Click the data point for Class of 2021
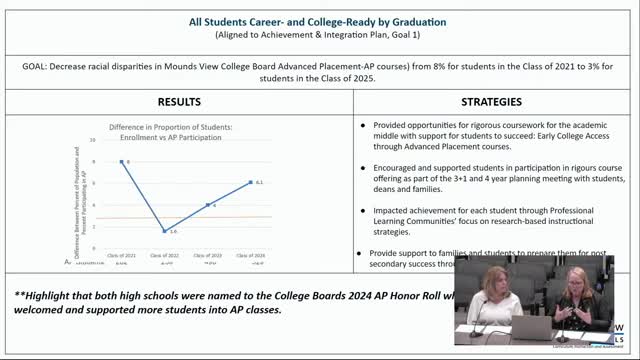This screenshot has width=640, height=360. (122, 161)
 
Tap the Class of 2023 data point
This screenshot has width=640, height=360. (208, 204)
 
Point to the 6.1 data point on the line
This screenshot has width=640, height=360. (250, 182)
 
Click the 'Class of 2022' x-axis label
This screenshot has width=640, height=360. (165, 257)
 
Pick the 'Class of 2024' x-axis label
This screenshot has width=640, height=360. (250, 257)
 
